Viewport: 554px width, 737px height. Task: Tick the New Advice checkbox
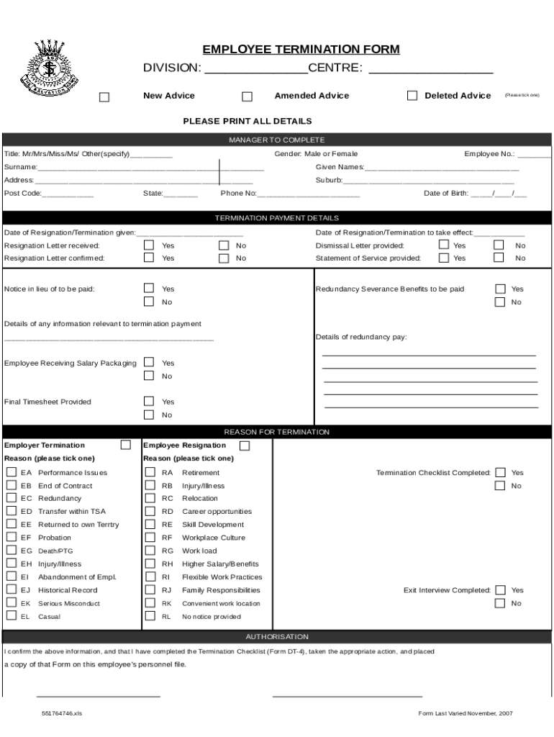point(104,97)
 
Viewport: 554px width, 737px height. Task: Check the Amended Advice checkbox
point(247,97)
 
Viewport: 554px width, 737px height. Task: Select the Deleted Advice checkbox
point(412,96)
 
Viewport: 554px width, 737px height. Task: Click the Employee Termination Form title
point(301,50)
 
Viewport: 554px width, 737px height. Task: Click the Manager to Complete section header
point(277,140)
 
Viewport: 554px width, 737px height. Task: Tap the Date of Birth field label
point(446,194)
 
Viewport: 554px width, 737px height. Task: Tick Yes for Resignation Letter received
point(149,245)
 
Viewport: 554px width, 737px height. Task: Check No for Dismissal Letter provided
point(499,245)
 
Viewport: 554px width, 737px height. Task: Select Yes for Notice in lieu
point(149,289)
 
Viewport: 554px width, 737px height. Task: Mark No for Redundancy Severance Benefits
point(500,302)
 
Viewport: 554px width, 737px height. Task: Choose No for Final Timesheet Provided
point(149,415)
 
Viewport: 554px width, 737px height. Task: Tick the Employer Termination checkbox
point(126,446)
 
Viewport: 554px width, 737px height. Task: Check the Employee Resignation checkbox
point(245,446)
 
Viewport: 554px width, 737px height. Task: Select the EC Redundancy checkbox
point(12,498)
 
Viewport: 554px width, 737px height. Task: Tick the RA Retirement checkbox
point(150,472)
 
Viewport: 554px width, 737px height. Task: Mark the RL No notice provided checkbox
point(150,616)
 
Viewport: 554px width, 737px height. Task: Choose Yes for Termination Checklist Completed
point(500,473)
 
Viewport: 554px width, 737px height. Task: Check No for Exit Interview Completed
point(500,603)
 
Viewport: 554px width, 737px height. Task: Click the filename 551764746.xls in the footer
point(62,713)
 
